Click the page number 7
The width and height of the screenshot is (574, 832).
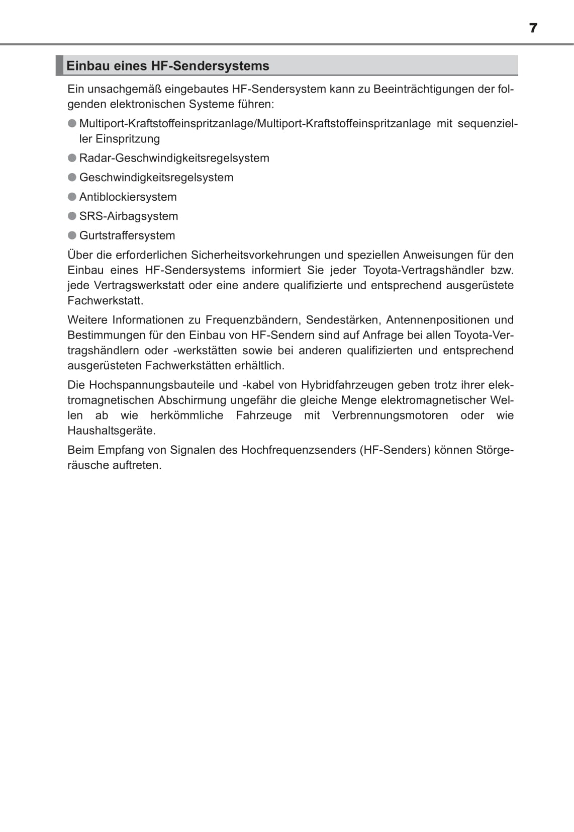533,28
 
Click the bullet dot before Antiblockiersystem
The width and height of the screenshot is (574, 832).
72,197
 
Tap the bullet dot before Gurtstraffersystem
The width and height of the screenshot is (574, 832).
72,235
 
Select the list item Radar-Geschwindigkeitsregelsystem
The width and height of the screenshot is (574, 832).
174,158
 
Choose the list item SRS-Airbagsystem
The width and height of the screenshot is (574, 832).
129,216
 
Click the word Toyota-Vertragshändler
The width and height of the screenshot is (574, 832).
423,270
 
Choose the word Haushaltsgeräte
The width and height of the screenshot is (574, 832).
112,431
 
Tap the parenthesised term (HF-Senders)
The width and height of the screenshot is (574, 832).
395,450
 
